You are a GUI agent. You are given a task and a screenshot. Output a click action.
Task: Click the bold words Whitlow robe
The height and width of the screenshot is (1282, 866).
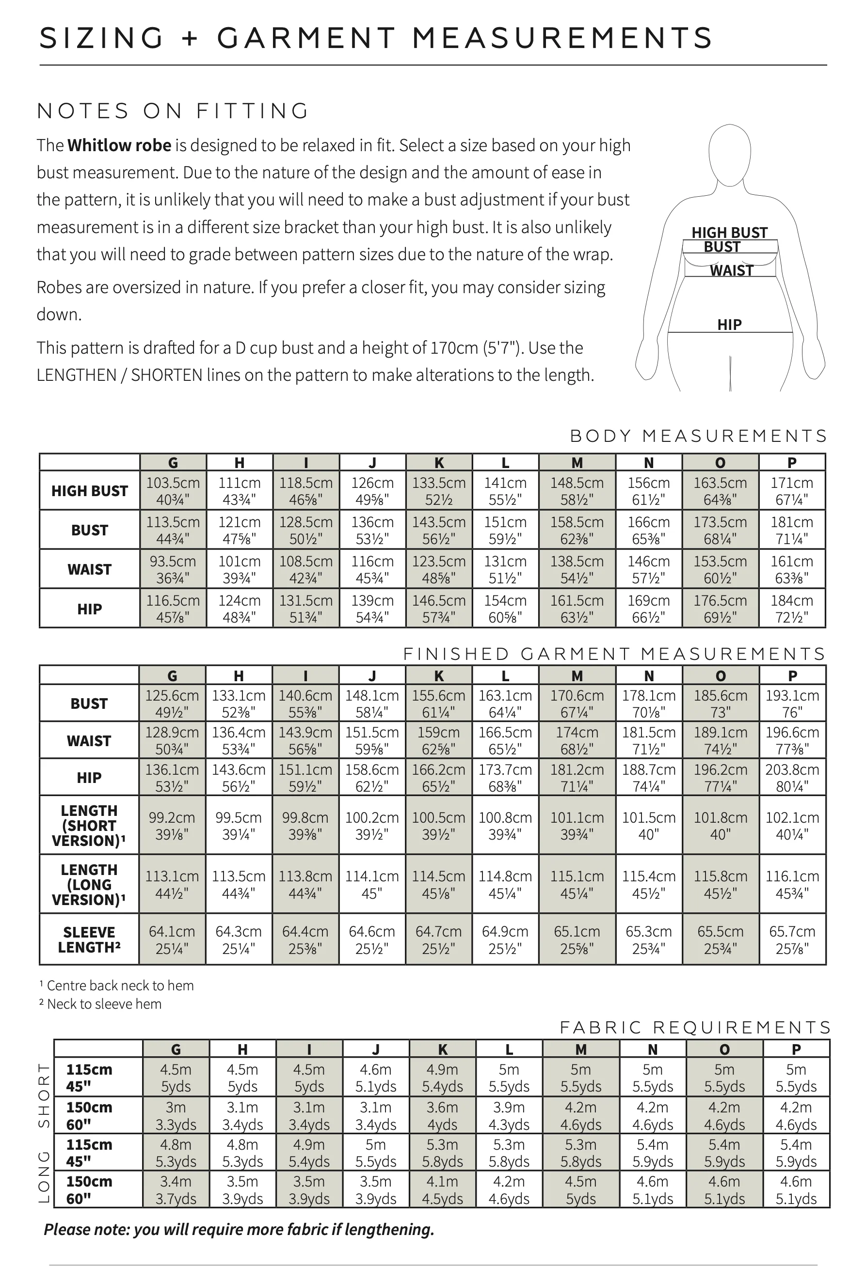pyautogui.click(x=119, y=146)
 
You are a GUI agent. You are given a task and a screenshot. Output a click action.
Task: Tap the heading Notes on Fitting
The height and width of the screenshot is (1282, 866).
pyautogui.click(x=173, y=111)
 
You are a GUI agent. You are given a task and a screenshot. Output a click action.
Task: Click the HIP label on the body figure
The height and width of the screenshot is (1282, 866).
pyautogui.click(x=729, y=325)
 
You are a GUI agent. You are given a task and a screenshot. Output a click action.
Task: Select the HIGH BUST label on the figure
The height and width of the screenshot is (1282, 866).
pyautogui.click(x=729, y=232)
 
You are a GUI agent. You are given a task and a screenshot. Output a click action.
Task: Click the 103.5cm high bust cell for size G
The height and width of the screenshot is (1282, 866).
pyautogui.click(x=173, y=491)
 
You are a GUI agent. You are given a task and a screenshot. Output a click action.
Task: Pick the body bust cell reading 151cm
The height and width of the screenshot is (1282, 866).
pyautogui.click(x=505, y=530)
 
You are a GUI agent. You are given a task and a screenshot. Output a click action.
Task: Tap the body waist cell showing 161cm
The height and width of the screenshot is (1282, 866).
pyautogui.click(x=791, y=569)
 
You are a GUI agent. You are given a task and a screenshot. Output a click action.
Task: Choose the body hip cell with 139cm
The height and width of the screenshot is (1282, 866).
pyautogui.click(x=372, y=609)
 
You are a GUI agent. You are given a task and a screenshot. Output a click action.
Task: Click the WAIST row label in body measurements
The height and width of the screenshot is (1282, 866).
pyautogui.click(x=89, y=569)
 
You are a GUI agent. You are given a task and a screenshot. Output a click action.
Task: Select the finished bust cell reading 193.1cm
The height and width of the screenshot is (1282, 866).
pyautogui.click(x=792, y=704)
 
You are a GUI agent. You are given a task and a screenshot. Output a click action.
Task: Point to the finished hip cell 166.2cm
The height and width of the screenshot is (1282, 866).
pyautogui.click(x=439, y=778)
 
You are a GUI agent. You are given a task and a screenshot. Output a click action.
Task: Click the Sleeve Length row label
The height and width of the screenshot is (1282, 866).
pyautogui.click(x=89, y=939)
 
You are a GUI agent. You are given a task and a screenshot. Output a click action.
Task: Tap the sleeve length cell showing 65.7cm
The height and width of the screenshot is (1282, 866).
pyautogui.click(x=792, y=939)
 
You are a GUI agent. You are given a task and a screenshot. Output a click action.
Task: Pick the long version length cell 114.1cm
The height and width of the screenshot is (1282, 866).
pyautogui.click(x=372, y=884)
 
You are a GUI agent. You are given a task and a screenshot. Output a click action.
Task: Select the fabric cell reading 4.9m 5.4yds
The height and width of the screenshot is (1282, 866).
pyautogui.click(x=442, y=1078)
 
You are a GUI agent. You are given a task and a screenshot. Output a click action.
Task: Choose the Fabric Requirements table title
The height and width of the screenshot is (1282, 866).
pyautogui.click(x=695, y=1027)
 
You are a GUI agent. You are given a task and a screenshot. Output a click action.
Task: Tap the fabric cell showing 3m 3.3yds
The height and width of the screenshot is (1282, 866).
pyautogui.click(x=176, y=1115)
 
